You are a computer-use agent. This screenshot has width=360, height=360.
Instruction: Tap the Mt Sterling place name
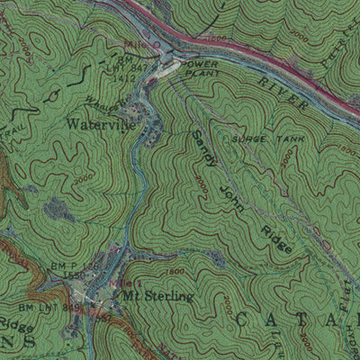pyautogui.click(x=157, y=295)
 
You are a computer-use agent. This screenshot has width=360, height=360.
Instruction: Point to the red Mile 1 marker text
pyautogui.click(x=132, y=283)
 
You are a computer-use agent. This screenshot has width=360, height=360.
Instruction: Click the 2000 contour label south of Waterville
pyautogui.click(x=83, y=179)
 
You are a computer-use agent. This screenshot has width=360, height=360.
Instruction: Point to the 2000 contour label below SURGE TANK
pyautogui.click(x=286, y=159)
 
